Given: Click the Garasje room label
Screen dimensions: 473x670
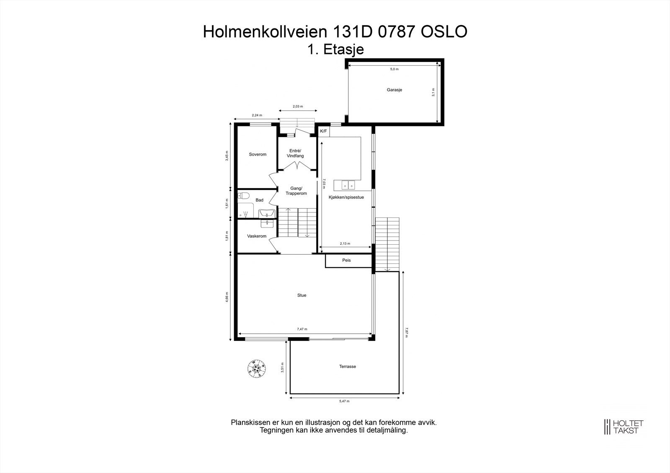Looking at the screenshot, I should coord(394,90).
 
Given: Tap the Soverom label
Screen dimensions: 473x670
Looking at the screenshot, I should coord(258,154).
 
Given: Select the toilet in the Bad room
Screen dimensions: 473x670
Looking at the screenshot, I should coord(244,195).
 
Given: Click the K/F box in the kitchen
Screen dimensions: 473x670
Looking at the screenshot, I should coord(324,131).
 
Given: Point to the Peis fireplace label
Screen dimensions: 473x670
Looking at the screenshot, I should coord(346,260).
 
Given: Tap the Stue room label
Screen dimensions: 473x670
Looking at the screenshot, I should coord(301,295).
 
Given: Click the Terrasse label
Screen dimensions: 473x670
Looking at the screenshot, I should coord(348,366).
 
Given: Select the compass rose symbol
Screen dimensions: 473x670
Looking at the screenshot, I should coord(256,368).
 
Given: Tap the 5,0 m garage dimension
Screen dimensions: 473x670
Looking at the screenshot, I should coord(394,69).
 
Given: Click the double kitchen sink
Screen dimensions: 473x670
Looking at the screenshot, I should coord(348,185).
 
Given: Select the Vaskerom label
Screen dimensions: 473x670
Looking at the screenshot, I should coord(257,236).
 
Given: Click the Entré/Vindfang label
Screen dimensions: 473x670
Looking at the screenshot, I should coord(295,153).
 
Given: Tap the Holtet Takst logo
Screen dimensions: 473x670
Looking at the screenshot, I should coord(624,427).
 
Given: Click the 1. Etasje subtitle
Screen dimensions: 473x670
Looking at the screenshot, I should coord(335,49).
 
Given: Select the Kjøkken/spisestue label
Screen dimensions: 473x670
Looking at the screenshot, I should coord(346,197).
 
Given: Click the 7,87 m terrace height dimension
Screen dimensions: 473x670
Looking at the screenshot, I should coord(406,332).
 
